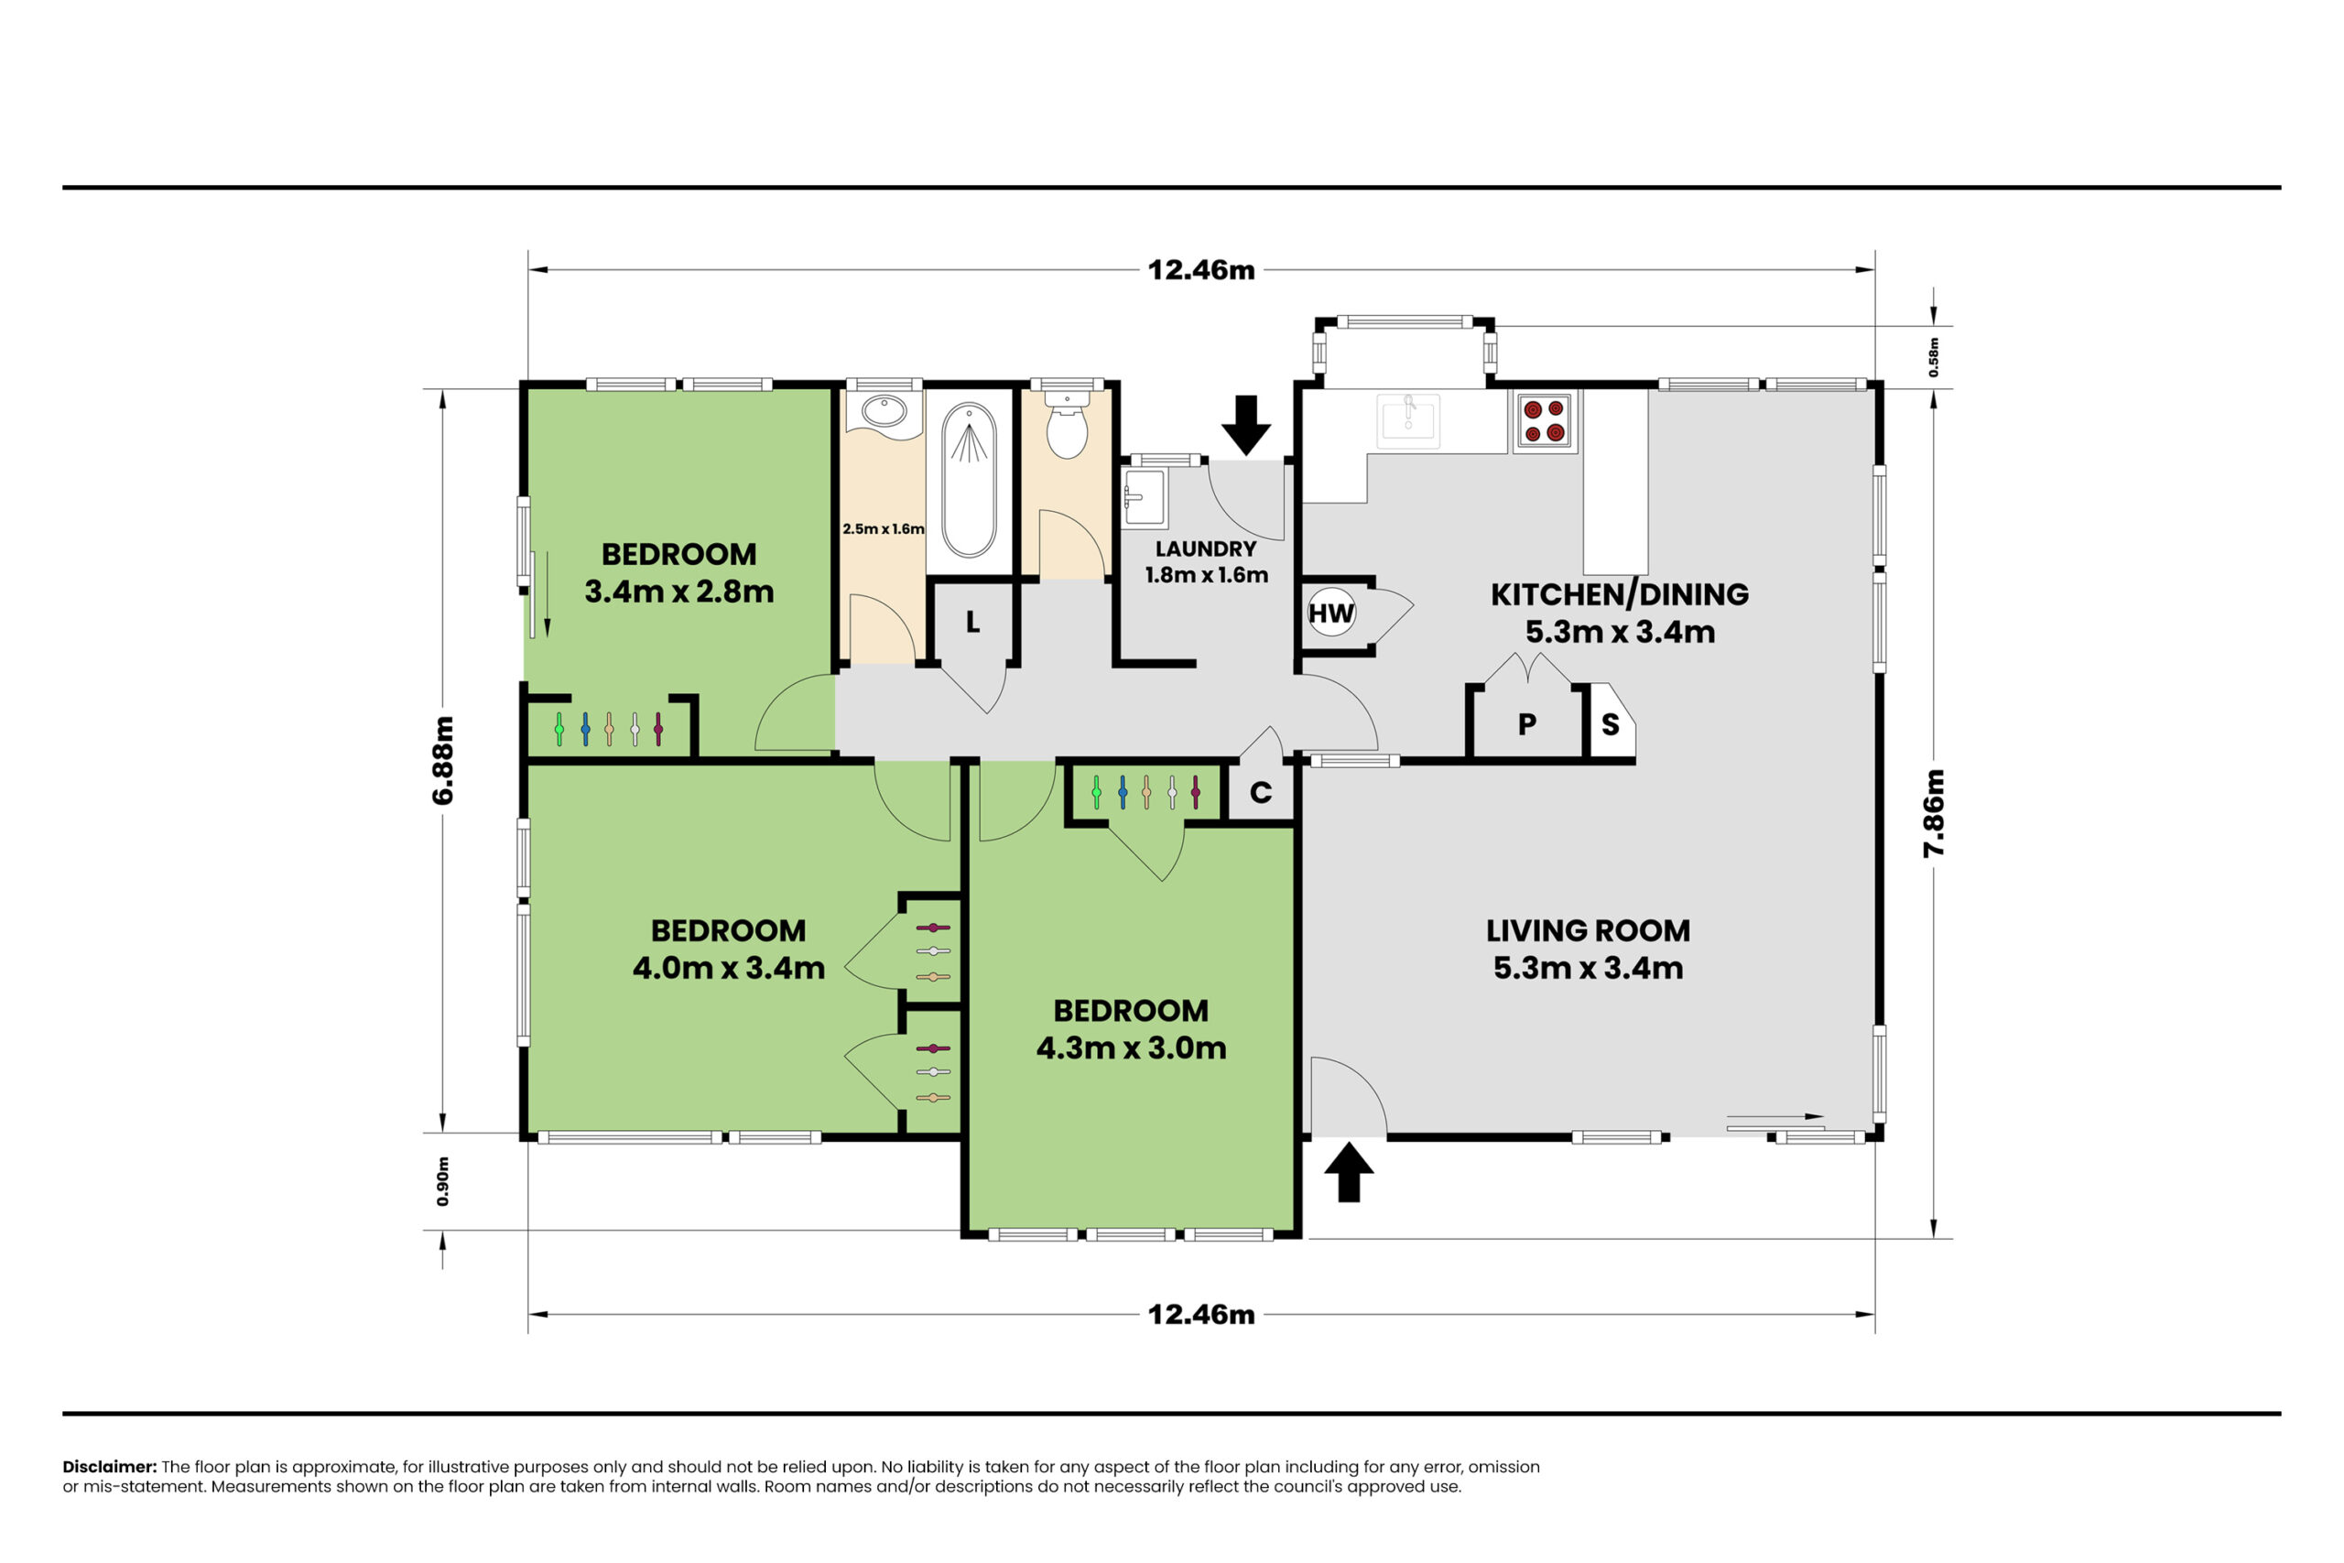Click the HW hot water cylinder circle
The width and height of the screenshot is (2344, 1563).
[1331, 613]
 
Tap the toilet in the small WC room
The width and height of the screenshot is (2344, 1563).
[1067, 426]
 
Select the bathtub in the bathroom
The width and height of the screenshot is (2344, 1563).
[969, 480]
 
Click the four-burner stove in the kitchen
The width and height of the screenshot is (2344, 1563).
[1544, 420]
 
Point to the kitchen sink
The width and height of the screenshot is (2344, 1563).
[1408, 420]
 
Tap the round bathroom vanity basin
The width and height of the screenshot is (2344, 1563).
[883, 411]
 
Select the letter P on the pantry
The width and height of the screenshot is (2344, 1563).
[1526, 724]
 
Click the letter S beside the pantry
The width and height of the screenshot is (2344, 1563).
[1611, 724]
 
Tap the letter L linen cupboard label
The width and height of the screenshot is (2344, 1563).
[972, 622]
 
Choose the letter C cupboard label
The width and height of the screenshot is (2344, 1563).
[1261, 792]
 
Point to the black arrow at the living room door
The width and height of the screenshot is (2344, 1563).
[1349, 1172]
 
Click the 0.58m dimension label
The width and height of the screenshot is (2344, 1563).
[1934, 357]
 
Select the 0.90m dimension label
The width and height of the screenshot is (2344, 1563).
[442, 1181]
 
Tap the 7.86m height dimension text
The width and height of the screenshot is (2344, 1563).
[1934, 813]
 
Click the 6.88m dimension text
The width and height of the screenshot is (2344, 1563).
[442, 760]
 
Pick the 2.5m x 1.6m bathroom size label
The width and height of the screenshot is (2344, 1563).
[883, 529]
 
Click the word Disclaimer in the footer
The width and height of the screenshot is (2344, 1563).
[110, 1466]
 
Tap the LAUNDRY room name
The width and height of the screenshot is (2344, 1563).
[1206, 548]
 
